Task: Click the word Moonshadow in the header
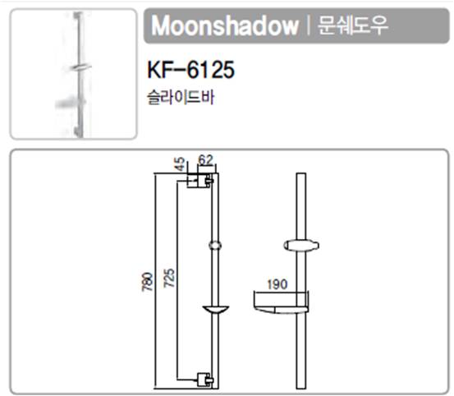pos(225,25)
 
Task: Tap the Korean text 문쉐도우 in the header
pos(353,25)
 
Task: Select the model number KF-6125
pos(190,70)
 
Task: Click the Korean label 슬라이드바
pos(181,97)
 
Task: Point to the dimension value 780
pos(148,282)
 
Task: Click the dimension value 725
pos(169,278)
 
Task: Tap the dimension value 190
pos(277,284)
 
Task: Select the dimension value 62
pos(205,159)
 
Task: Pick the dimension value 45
pos(180,163)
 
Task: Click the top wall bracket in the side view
pos(200,181)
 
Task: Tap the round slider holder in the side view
pos(215,246)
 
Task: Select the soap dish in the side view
pos(215,310)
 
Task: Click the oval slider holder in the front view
pos(301,246)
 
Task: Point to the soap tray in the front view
pos(281,302)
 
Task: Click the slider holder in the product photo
pos(80,67)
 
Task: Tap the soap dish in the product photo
pos(71,104)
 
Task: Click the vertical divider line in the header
pos(309,25)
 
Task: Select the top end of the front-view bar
pos(301,173)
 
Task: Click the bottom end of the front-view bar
pos(301,389)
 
